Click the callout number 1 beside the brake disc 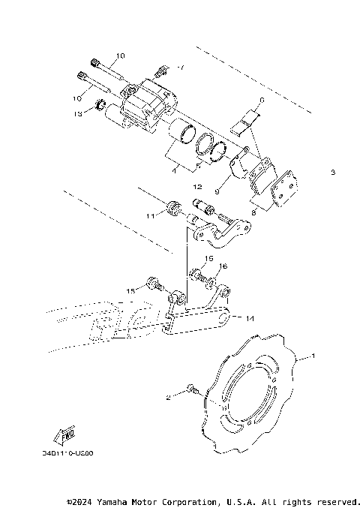313,355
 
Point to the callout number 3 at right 331,173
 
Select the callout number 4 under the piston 175,170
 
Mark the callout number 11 150,216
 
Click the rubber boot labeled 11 172,206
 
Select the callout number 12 196,185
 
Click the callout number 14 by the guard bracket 250,319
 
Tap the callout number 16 222,266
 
